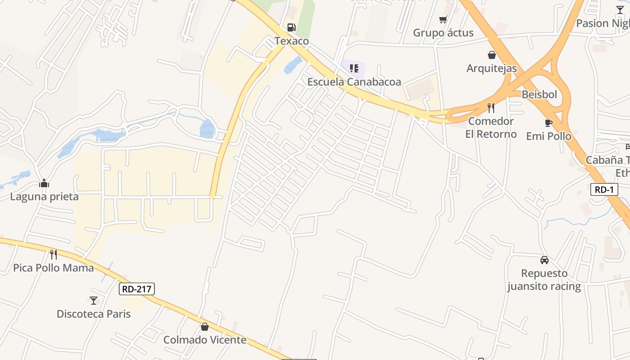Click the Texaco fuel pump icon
292,27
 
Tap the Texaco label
292,41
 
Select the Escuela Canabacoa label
354,82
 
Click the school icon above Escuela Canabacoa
354,68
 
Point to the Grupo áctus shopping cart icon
443,19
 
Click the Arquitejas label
491,68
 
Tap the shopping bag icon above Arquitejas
492,55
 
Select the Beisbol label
539,94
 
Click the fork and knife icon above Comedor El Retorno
491,108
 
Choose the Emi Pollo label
549,136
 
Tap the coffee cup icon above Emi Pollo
548,122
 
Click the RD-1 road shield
604,189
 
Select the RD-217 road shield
137,289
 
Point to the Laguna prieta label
44,197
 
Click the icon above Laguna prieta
44,183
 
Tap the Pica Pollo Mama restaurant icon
54,255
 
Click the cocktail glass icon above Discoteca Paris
94,300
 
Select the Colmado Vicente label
205,340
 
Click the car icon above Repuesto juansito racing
544,260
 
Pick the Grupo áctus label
443,33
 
